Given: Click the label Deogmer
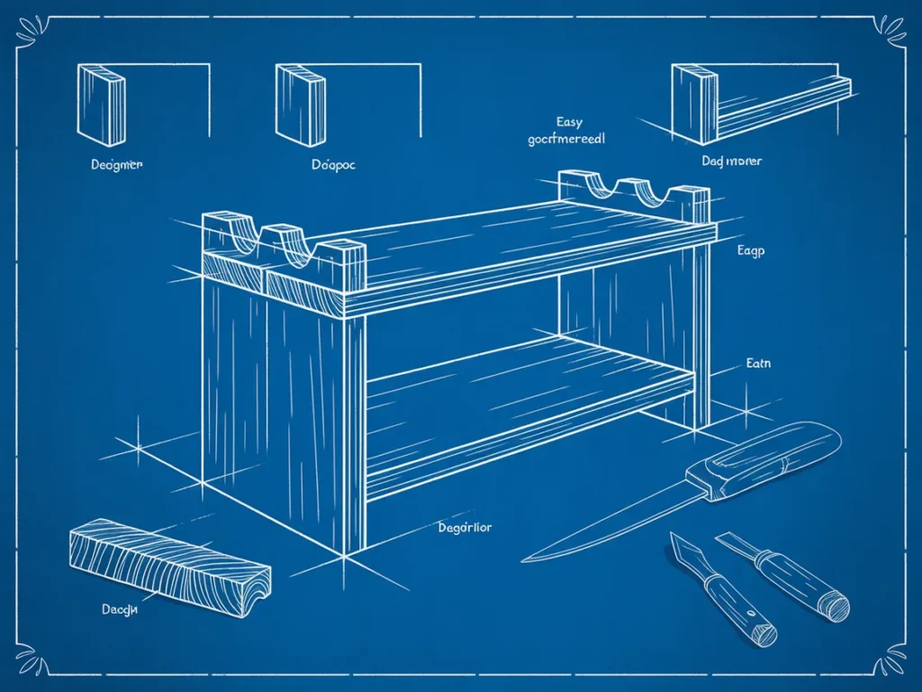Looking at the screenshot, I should click(117, 165).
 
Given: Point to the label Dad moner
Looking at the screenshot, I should click(731, 160).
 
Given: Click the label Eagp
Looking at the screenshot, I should click(749, 251).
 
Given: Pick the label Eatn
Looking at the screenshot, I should click(758, 364).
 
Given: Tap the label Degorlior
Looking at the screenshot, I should click(465, 528).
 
